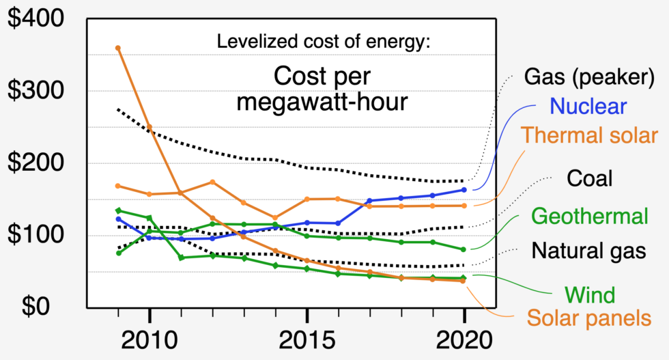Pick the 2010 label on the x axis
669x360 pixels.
(x=150, y=340)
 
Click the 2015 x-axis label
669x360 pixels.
(x=307, y=340)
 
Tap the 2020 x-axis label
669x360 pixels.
(x=464, y=340)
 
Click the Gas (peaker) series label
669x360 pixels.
(x=584, y=77)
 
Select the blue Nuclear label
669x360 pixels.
(x=588, y=107)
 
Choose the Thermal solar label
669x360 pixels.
(x=590, y=135)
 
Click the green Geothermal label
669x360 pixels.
(x=589, y=217)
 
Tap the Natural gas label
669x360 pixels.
(x=588, y=251)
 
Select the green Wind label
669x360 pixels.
(x=590, y=295)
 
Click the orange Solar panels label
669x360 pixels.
(x=589, y=318)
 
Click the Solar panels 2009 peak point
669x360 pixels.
(x=118, y=48)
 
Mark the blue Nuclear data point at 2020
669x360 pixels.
(x=464, y=190)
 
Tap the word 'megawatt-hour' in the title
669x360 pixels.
(x=322, y=102)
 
